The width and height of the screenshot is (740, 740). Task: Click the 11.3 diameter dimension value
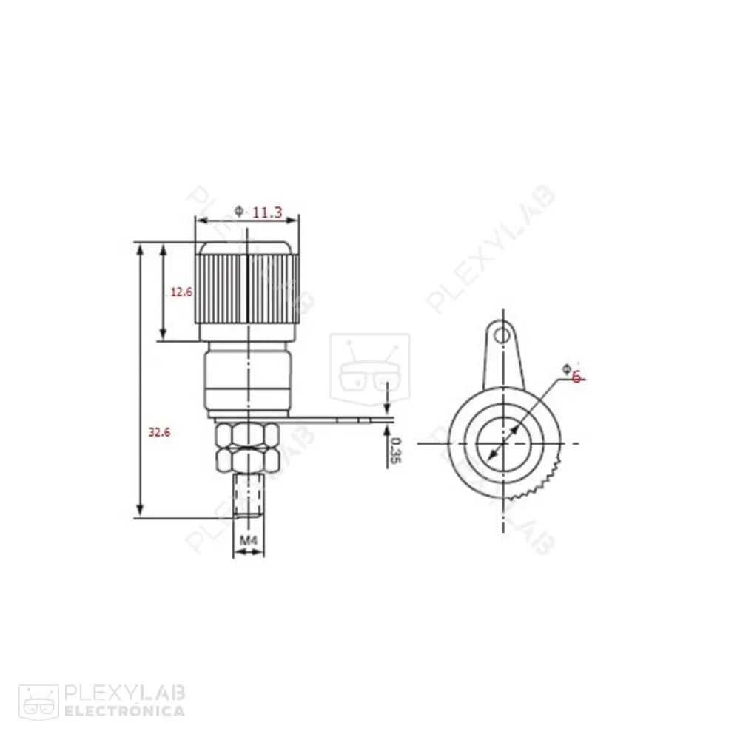tap(267, 213)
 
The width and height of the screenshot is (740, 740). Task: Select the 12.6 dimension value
tap(181, 292)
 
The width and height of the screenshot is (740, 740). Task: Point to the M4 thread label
tap(249, 541)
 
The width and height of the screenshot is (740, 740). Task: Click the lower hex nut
tap(247, 462)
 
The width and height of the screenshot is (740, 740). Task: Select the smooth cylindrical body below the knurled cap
tap(247, 381)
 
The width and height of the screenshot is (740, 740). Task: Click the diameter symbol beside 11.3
tap(238, 212)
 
